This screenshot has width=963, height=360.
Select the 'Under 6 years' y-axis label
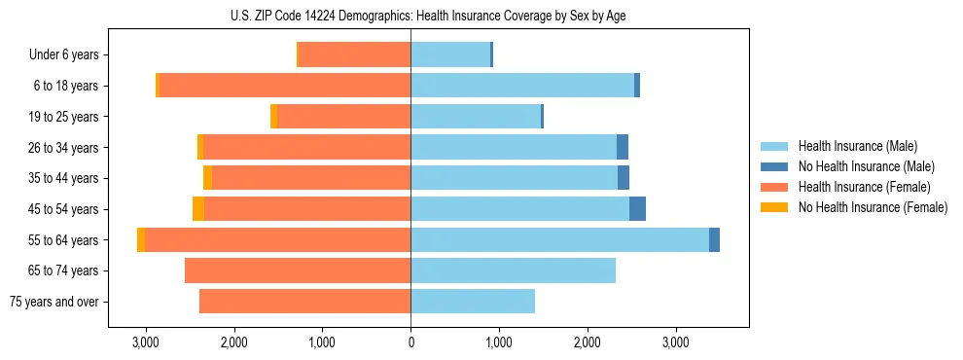tap(63, 55)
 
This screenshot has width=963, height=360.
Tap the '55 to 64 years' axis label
tap(62, 240)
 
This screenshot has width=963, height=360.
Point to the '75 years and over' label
tap(54, 302)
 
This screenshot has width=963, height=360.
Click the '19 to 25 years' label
tap(62, 117)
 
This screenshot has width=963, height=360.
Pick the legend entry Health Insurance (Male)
tap(857, 146)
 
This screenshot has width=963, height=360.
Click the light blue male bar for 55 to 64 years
tap(559, 239)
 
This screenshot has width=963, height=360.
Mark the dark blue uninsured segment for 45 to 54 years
tap(637, 209)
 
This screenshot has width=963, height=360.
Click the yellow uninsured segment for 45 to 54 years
tap(198, 209)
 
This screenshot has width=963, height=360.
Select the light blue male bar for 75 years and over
tap(473, 302)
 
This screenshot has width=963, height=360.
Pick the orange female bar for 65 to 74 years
tap(298, 270)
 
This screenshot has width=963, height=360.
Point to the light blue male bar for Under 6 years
tap(450, 55)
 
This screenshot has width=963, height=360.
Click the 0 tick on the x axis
tap(410, 342)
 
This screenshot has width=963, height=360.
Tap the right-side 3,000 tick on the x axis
tap(675, 342)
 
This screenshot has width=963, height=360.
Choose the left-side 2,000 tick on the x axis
tap(233, 342)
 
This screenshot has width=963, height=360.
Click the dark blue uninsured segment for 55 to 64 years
tap(714, 239)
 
